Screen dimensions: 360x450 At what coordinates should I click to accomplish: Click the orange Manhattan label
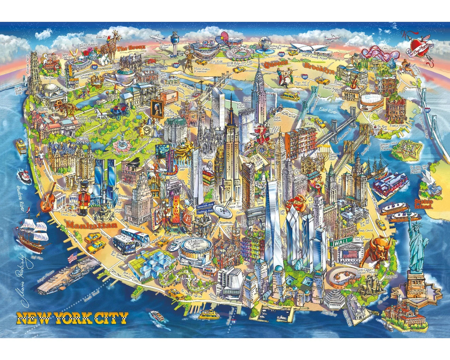[x=92, y=225]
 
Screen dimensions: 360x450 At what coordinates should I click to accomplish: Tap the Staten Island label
[x=424, y=204]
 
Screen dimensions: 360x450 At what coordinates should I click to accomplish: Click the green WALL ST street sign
[x=343, y=241]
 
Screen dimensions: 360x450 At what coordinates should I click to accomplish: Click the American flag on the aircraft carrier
[x=72, y=257]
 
